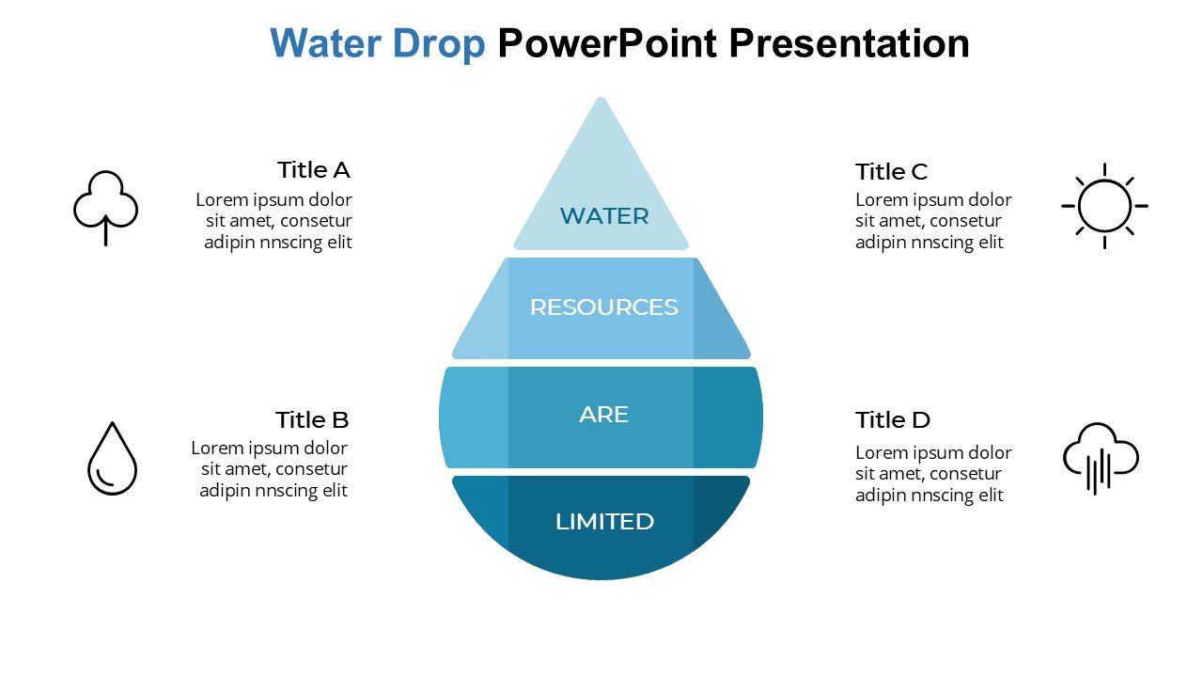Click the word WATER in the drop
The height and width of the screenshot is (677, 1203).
(x=603, y=216)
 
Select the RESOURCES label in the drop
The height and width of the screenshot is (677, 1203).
(x=603, y=307)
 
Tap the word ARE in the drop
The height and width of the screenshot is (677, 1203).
(x=603, y=415)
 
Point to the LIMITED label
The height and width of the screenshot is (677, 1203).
(x=604, y=522)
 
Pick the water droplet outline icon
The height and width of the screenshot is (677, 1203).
(x=112, y=458)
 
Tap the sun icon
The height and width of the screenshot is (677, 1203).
(x=1104, y=206)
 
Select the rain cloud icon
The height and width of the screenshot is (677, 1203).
(x=1100, y=457)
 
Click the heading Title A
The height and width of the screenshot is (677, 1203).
(x=313, y=170)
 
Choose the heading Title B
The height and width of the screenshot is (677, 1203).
(x=312, y=419)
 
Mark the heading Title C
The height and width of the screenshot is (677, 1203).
(x=891, y=172)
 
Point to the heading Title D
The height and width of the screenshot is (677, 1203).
(x=892, y=419)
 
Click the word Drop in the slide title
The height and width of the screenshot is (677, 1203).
(x=440, y=43)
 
